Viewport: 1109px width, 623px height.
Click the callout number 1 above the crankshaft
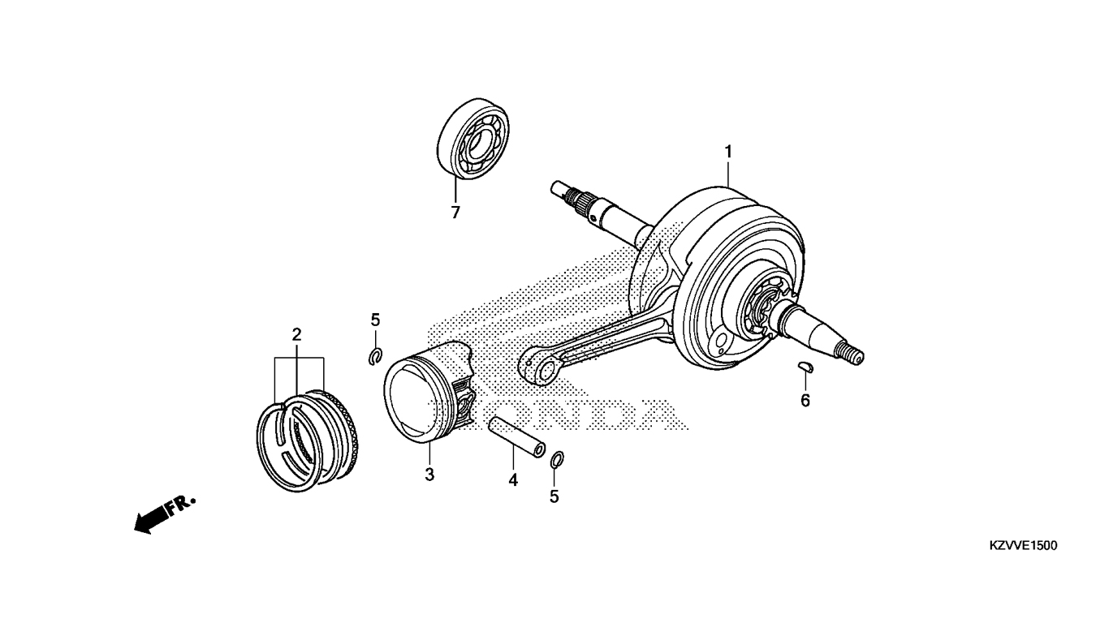click(x=728, y=152)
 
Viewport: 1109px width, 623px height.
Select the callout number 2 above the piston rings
click(x=296, y=335)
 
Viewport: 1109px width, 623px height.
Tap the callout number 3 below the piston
click(x=429, y=475)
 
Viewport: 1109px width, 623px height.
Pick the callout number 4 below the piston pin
click(x=513, y=479)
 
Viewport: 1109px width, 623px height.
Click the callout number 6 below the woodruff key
click(x=805, y=400)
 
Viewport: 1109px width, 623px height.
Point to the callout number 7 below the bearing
click(x=455, y=213)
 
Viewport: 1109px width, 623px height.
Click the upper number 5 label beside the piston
click(x=375, y=320)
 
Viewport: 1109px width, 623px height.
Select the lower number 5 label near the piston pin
click(x=554, y=496)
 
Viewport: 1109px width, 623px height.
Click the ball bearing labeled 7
click(x=474, y=138)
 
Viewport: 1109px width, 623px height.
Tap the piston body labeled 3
click(x=429, y=391)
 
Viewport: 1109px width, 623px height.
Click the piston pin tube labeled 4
click(x=517, y=437)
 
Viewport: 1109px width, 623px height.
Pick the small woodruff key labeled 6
click(x=805, y=366)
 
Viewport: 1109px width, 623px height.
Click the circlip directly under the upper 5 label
click(x=376, y=356)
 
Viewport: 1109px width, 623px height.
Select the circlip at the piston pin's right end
click(x=556, y=458)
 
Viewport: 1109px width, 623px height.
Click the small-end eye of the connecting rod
click(x=541, y=368)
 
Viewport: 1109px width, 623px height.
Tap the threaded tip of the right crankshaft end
click(x=852, y=354)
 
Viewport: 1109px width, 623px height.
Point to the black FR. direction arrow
click(x=152, y=520)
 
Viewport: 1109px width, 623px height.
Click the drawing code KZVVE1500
click(x=1022, y=546)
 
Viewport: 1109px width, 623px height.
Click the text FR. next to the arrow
click(x=182, y=505)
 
